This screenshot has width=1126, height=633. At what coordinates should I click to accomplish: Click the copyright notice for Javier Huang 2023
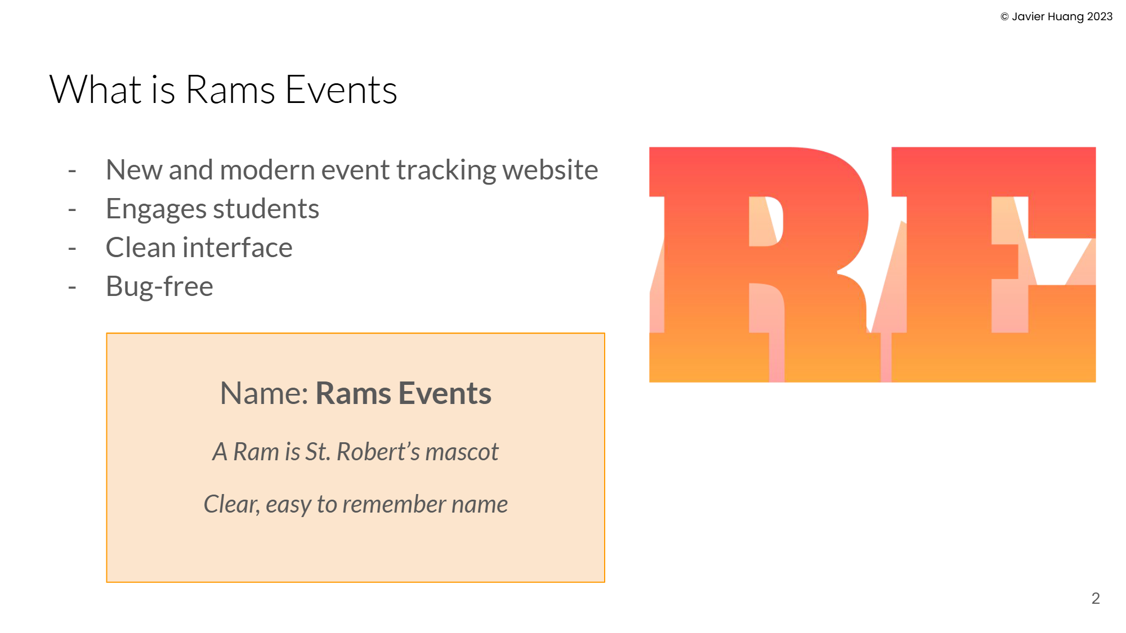[x=1056, y=17]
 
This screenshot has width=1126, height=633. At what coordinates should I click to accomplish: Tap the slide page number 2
[x=1095, y=598]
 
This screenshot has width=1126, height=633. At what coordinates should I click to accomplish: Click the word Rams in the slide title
[x=230, y=90]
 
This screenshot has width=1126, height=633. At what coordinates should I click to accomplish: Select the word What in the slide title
[x=95, y=90]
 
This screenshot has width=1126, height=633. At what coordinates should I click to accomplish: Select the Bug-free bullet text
[x=159, y=286]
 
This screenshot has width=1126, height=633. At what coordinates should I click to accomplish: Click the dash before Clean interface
[x=72, y=248]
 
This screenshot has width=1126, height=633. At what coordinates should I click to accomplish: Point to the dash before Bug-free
[x=72, y=287]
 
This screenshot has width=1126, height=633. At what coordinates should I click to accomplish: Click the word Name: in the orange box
[x=263, y=393]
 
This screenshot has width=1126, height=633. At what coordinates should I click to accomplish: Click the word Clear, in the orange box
[x=231, y=504]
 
